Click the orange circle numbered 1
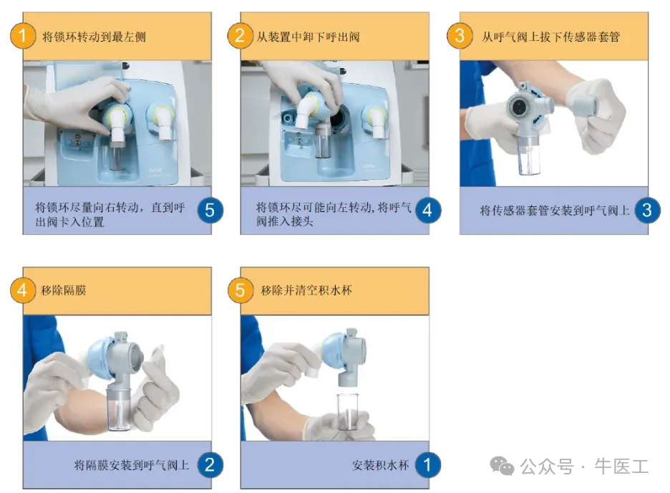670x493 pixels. pyautogui.click(x=23, y=36)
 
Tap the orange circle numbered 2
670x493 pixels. pyautogui.click(x=240, y=36)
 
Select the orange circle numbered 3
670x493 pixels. pyautogui.click(x=460, y=36)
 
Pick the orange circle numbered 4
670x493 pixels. pyautogui.click(x=23, y=290)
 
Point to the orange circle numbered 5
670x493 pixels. pyautogui.click(x=240, y=290)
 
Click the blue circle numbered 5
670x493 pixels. pyautogui.click(x=210, y=210)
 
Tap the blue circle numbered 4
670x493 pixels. pyautogui.click(x=427, y=210)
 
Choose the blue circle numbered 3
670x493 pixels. pyautogui.click(x=647, y=210)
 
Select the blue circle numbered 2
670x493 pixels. pyautogui.click(x=210, y=465)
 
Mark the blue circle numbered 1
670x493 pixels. pyautogui.click(x=427, y=465)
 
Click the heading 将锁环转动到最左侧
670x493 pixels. pyautogui.click(x=94, y=37)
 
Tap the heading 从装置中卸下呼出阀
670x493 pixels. pyautogui.click(x=308, y=37)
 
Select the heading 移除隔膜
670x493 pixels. pyautogui.click(x=64, y=290)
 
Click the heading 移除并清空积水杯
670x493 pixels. pyautogui.click(x=306, y=290)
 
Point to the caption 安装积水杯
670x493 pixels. pyautogui.click(x=380, y=465)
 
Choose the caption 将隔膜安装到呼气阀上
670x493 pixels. pyautogui.click(x=132, y=465)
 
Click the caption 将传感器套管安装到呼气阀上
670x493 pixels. pyautogui.click(x=555, y=211)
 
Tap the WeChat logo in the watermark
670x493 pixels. pyautogui.click(x=502, y=466)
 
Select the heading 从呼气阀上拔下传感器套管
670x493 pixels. pyautogui.click(x=551, y=37)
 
